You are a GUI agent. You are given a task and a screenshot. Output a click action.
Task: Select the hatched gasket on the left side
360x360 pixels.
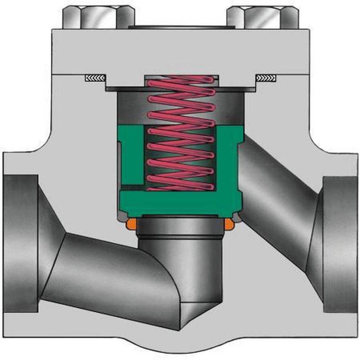pyautogui.click(x=95, y=78)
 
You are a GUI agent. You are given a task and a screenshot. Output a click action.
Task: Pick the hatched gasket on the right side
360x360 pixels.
pyautogui.click(x=266, y=78)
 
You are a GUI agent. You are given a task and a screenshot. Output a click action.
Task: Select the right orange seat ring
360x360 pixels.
pyautogui.click(x=229, y=224)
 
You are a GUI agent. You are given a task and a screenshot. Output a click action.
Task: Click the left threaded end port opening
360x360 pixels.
pyautogui.click(x=20, y=243)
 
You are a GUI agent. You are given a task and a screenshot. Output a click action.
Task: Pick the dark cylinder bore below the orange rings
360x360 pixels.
pyautogui.click(x=180, y=259)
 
